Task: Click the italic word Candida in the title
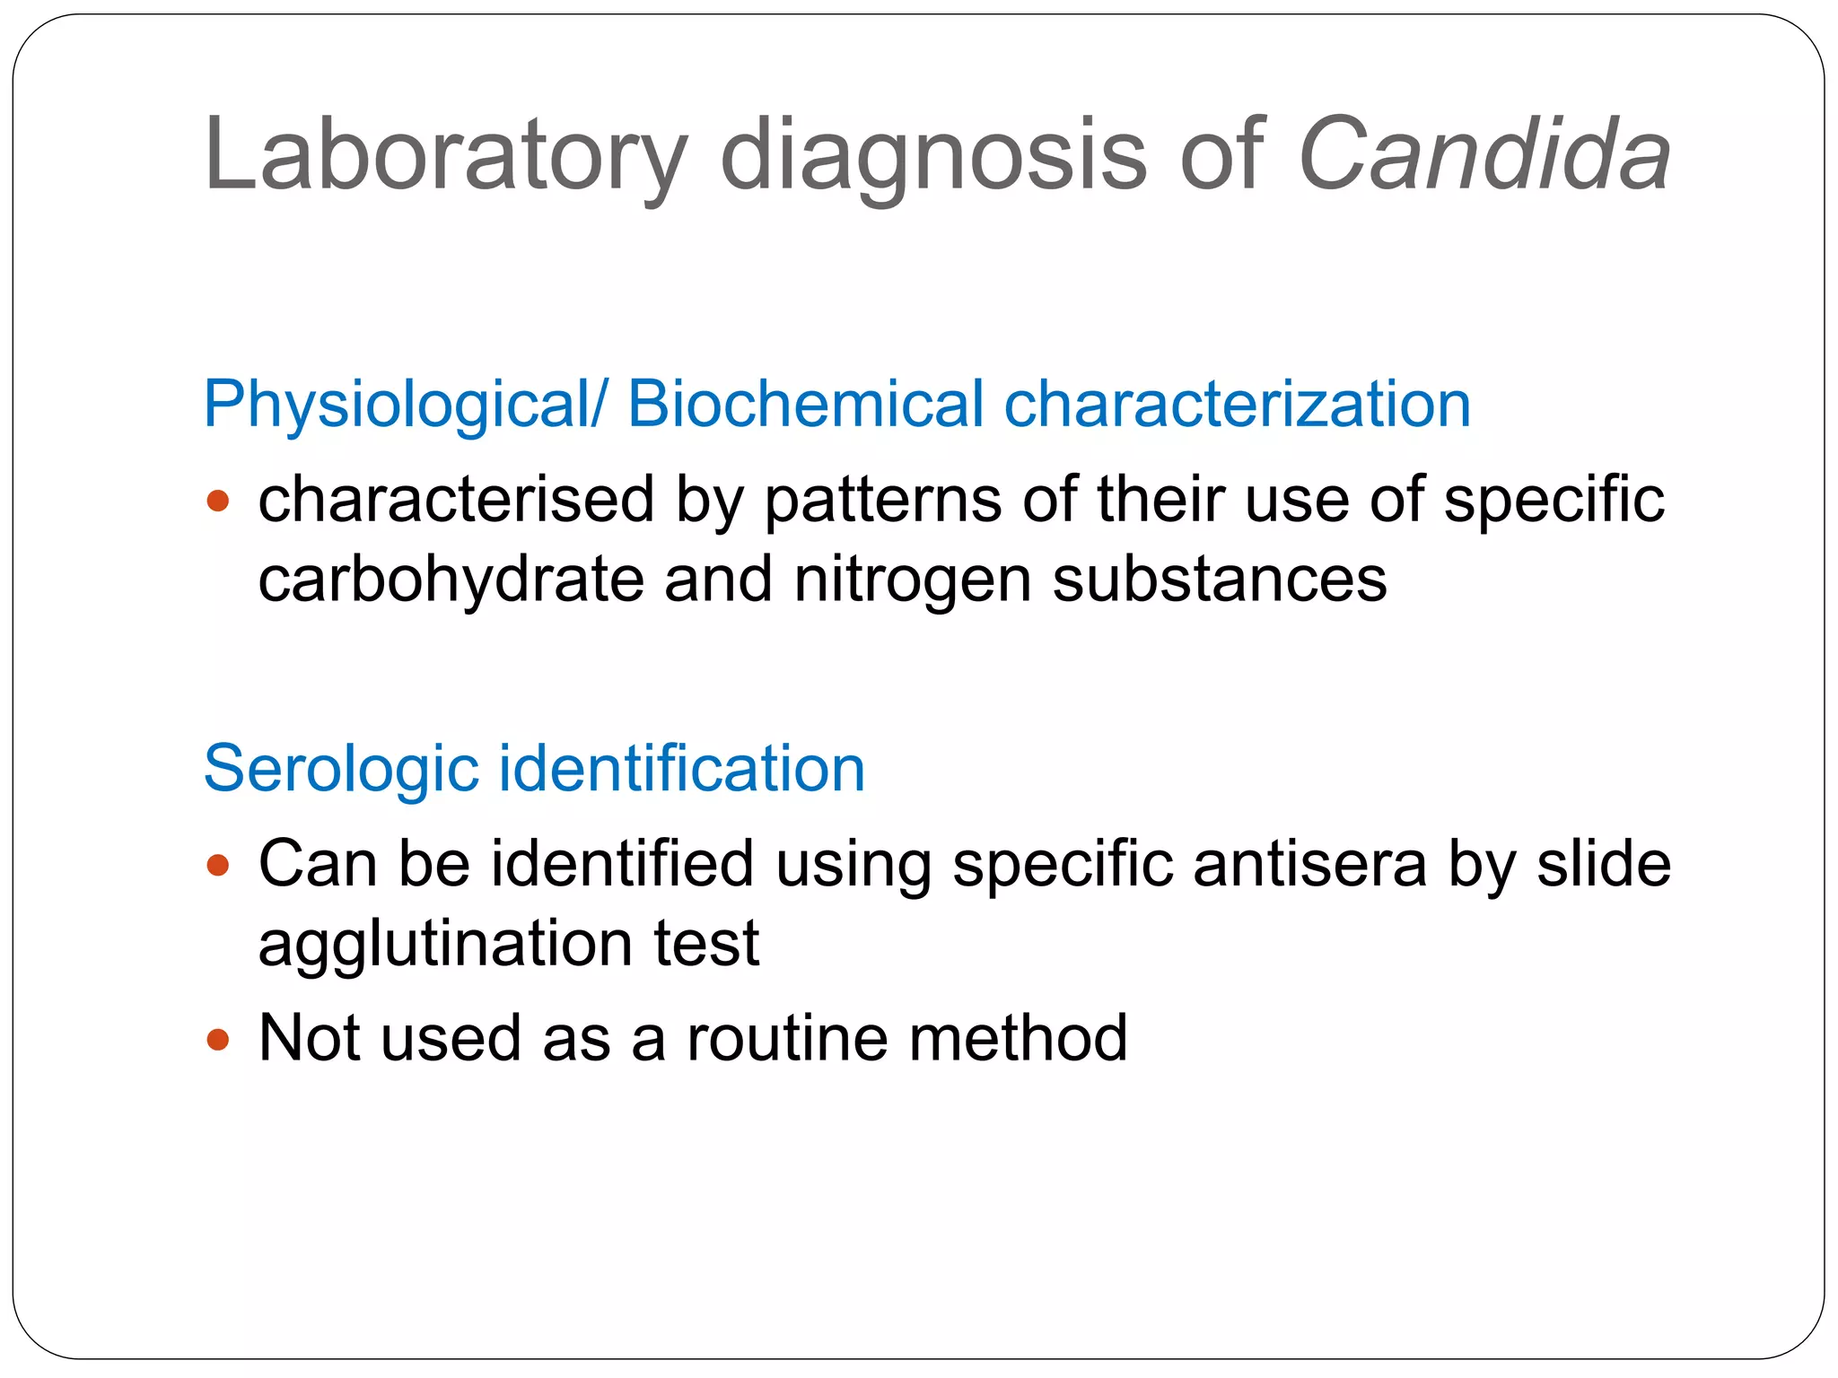(x=1484, y=155)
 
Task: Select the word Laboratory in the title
(x=445, y=155)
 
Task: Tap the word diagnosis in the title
(x=933, y=155)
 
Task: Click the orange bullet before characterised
(x=218, y=500)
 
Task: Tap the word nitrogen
(x=913, y=580)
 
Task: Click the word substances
(x=1220, y=580)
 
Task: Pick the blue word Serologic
(x=341, y=769)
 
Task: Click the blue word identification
(x=682, y=769)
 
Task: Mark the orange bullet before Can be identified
(x=218, y=865)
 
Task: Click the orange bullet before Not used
(x=218, y=1040)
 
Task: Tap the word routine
(x=787, y=1039)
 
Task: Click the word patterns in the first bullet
(x=883, y=500)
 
